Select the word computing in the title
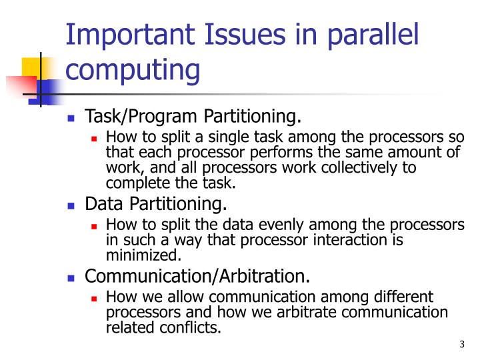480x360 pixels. tap(133, 69)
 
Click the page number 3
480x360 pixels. tap(462, 344)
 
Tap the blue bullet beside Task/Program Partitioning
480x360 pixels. tap(71, 119)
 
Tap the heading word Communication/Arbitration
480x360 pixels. tap(198, 275)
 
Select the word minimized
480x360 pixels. tap(143, 254)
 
